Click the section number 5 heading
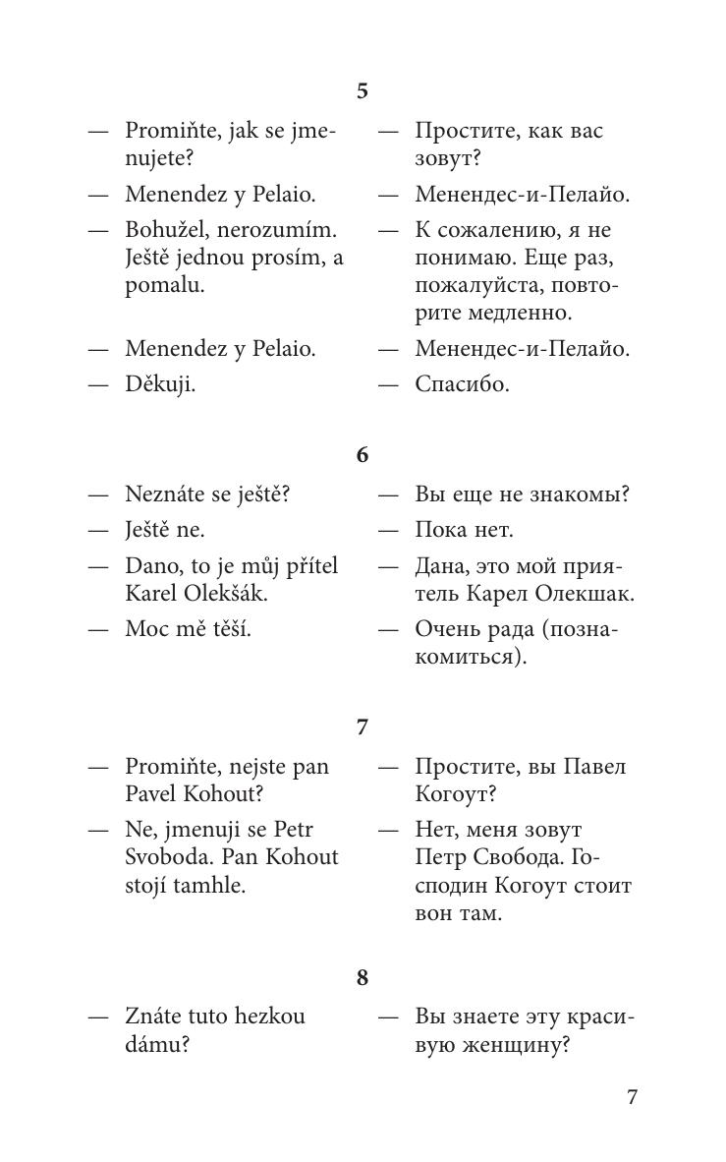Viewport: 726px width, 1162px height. click(363, 91)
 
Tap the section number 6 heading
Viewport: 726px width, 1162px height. click(363, 455)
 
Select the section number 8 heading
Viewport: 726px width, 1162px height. click(363, 977)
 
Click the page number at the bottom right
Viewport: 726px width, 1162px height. click(633, 1096)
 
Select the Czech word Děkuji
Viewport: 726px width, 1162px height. click(160, 384)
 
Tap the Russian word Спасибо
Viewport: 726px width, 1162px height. click(462, 384)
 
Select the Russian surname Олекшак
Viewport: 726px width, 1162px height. click(585, 594)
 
